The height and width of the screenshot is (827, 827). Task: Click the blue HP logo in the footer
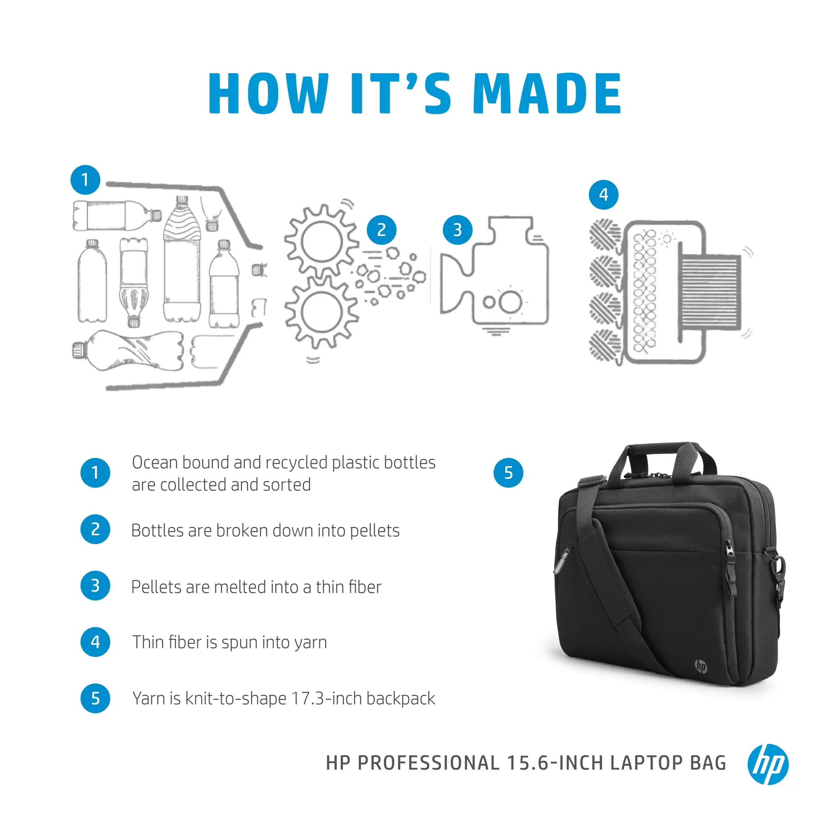768,764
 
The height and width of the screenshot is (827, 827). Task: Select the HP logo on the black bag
701,666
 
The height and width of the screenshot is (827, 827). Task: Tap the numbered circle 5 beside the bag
508,472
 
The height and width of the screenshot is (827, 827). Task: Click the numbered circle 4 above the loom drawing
604,195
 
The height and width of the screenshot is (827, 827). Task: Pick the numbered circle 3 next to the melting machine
457,230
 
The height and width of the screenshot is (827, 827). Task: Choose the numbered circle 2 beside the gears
381,230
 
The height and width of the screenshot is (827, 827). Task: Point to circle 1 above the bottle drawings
85,180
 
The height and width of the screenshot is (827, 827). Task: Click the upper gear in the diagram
321,242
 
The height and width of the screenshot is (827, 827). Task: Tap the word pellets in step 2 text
375,531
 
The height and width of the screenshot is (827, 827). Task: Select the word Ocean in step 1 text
155,462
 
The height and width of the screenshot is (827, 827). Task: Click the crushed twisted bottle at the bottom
128,350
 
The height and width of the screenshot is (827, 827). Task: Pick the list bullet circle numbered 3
95,586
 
